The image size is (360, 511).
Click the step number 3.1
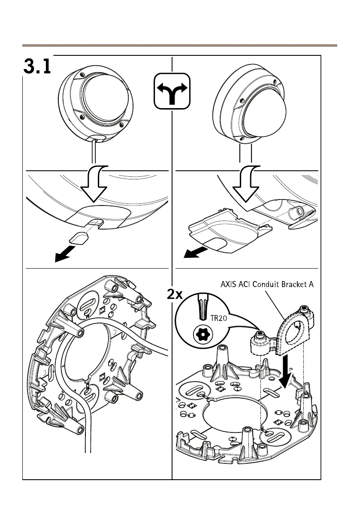pos(37,67)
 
